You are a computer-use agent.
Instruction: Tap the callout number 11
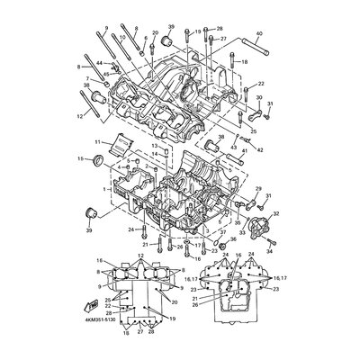click(x=98, y=142)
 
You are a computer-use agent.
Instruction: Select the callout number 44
click(x=101, y=64)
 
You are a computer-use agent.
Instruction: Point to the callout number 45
click(x=105, y=74)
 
